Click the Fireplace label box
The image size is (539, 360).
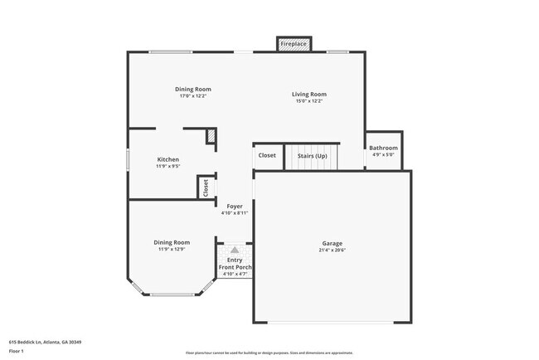[x=294, y=43]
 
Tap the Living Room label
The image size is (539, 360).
[x=308, y=94]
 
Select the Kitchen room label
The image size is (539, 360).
[x=168, y=159]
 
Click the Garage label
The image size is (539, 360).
[x=332, y=243]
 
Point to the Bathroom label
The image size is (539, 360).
[x=384, y=148]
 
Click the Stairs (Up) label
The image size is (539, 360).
[x=312, y=155]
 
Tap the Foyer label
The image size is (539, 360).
[x=235, y=206]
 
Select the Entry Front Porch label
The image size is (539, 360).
[x=235, y=264]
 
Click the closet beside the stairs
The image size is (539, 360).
[x=267, y=155]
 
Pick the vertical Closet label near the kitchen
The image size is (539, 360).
[x=206, y=188]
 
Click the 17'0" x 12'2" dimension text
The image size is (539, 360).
[x=193, y=96]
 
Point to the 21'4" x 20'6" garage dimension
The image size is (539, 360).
[x=332, y=251]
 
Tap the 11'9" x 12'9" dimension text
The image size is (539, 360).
[x=171, y=249]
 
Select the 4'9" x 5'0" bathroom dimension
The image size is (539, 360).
[x=384, y=154]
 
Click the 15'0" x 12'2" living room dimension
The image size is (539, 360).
[x=308, y=101]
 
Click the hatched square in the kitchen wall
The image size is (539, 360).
[x=211, y=136]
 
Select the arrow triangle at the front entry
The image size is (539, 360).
[x=235, y=249]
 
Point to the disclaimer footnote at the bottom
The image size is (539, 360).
[x=269, y=353]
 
